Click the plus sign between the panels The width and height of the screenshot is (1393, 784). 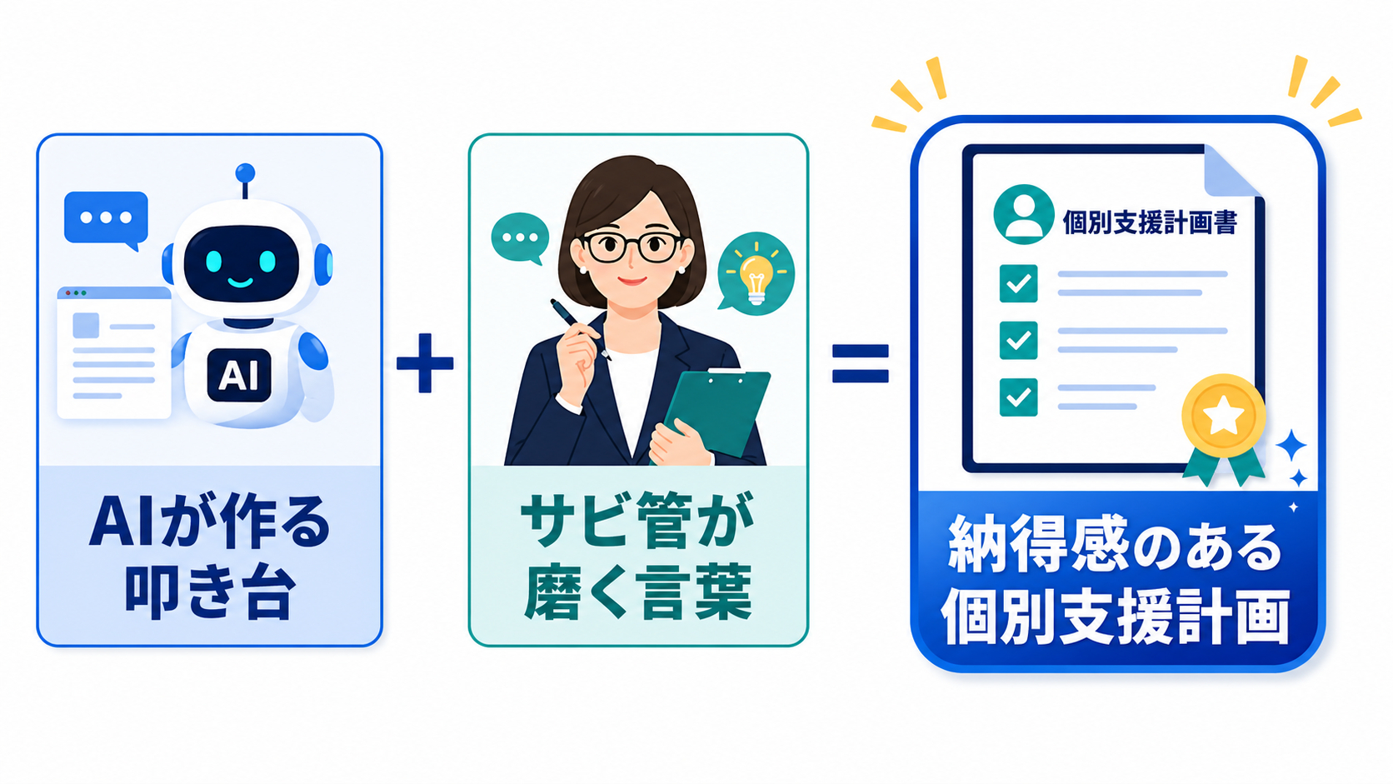point(425,363)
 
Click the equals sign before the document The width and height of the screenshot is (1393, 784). point(860,363)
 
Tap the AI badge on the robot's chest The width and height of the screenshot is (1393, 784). point(239,375)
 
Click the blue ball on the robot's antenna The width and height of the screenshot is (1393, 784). point(245,172)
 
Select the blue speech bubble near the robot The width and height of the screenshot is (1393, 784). point(107,220)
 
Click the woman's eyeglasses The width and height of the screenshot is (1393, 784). point(632,247)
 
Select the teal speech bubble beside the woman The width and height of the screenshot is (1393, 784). point(520,238)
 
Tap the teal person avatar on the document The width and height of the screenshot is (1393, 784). point(1024,214)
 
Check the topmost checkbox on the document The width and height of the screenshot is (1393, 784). point(1019,283)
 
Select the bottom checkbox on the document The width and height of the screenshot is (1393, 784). point(1019,397)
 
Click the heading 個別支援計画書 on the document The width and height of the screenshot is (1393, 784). point(1149,222)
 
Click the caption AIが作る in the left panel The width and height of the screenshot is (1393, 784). point(210,521)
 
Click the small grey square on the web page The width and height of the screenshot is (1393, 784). point(86,325)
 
